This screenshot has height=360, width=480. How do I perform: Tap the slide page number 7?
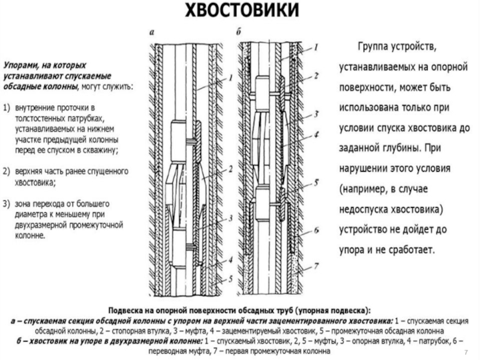(x=467, y=350)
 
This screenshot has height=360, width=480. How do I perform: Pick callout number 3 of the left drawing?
(x=230, y=221)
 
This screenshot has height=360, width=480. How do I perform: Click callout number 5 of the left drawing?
(x=230, y=279)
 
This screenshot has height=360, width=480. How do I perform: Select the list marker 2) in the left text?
(x=8, y=172)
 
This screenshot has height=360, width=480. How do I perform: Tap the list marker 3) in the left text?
(x=8, y=204)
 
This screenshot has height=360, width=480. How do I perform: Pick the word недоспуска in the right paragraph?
(x=368, y=209)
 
